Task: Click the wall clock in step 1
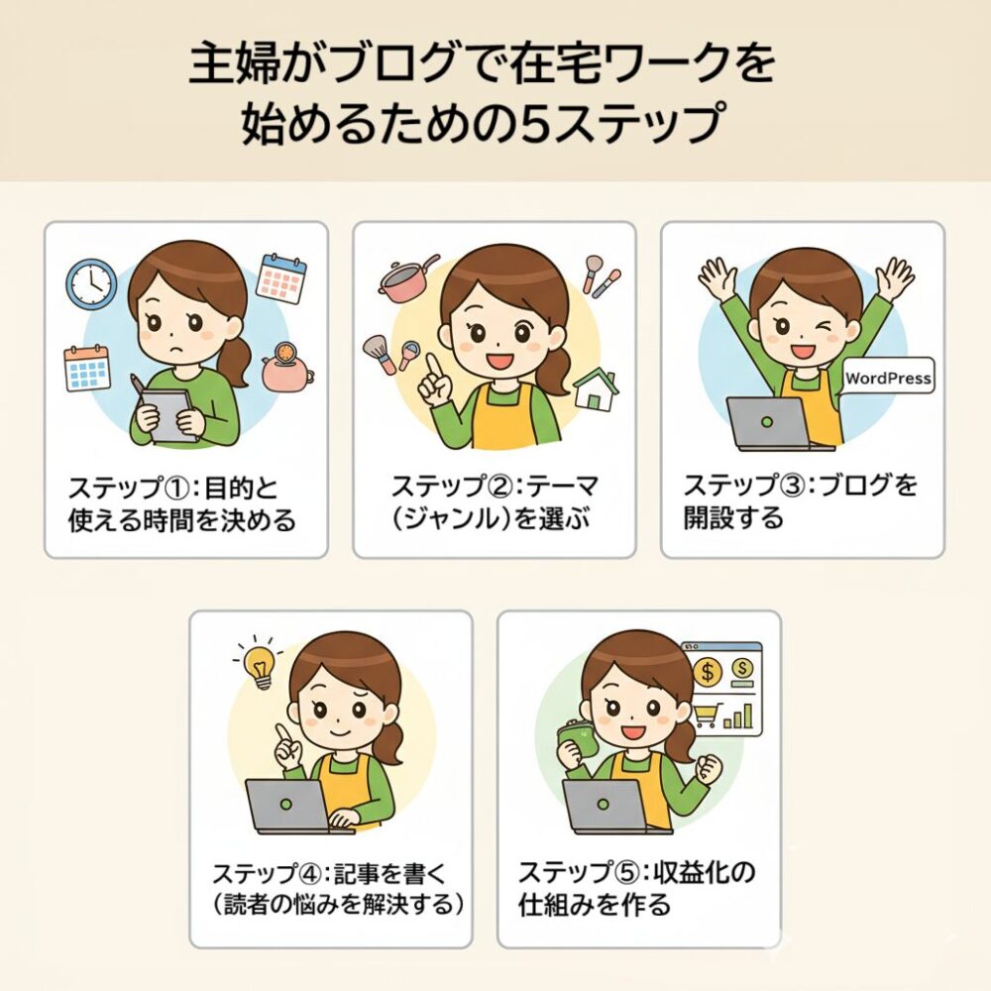(x=91, y=283)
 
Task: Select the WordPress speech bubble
(x=887, y=377)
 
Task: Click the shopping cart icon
(x=707, y=715)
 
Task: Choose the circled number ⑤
(x=620, y=873)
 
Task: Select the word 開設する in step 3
(x=733, y=517)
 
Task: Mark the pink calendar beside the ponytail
(x=281, y=278)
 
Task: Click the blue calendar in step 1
(x=87, y=368)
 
